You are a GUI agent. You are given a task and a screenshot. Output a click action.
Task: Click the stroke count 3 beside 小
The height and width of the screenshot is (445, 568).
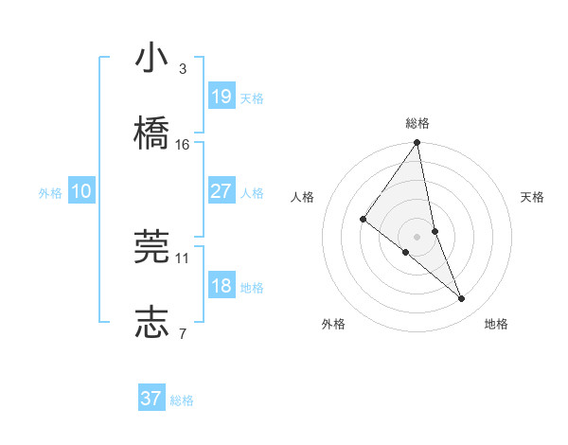(x=183, y=69)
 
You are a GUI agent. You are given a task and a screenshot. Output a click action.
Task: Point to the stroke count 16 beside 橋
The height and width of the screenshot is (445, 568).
(x=183, y=144)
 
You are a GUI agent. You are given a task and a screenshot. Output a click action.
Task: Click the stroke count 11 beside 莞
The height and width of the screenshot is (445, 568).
(x=183, y=257)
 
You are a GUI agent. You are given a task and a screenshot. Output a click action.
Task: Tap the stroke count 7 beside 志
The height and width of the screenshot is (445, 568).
(x=183, y=331)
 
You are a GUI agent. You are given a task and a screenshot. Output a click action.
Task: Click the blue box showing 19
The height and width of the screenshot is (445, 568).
(x=222, y=97)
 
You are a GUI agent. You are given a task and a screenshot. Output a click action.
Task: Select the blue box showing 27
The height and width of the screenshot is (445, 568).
(x=222, y=191)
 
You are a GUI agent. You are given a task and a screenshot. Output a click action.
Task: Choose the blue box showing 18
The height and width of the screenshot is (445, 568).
(x=222, y=286)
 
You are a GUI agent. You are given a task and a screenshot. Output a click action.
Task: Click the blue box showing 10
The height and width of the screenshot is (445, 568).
(x=81, y=191)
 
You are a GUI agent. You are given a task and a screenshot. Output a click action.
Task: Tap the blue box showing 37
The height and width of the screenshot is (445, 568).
(x=151, y=399)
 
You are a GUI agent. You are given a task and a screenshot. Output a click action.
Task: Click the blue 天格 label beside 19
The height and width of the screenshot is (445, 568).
(x=252, y=98)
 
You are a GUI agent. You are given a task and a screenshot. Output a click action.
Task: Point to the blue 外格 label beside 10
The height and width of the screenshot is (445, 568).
(x=50, y=193)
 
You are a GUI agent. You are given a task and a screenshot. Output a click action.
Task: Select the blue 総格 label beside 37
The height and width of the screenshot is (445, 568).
(x=182, y=400)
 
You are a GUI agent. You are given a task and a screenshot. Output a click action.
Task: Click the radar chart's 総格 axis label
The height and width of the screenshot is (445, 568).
(x=417, y=123)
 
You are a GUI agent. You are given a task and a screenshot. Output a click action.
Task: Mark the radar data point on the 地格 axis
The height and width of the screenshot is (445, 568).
(x=462, y=299)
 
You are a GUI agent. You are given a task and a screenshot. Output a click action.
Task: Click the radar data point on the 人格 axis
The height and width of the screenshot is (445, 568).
(x=363, y=220)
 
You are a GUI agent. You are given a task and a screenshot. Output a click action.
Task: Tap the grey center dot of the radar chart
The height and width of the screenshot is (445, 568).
(x=417, y=236)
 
